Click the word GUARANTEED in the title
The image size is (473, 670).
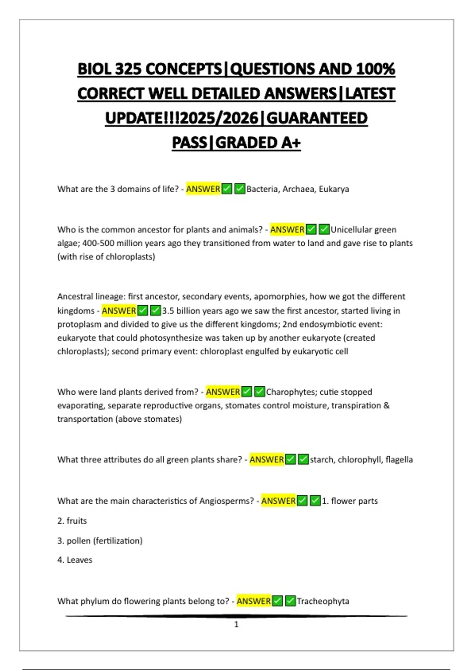coord(317,118)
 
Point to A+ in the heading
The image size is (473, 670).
coord(291,143)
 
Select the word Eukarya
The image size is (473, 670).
coord(334,189)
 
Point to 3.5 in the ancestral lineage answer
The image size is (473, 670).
coord(168,311)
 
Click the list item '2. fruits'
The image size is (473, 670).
coord(72,521)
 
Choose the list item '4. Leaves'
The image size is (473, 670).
coord(75,560)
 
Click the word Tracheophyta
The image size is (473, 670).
coord(323,601)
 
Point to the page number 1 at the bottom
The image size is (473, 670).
coord(236,624)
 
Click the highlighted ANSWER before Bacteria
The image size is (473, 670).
coord(203,189)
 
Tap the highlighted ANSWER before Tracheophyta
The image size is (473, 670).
coord(253,601)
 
